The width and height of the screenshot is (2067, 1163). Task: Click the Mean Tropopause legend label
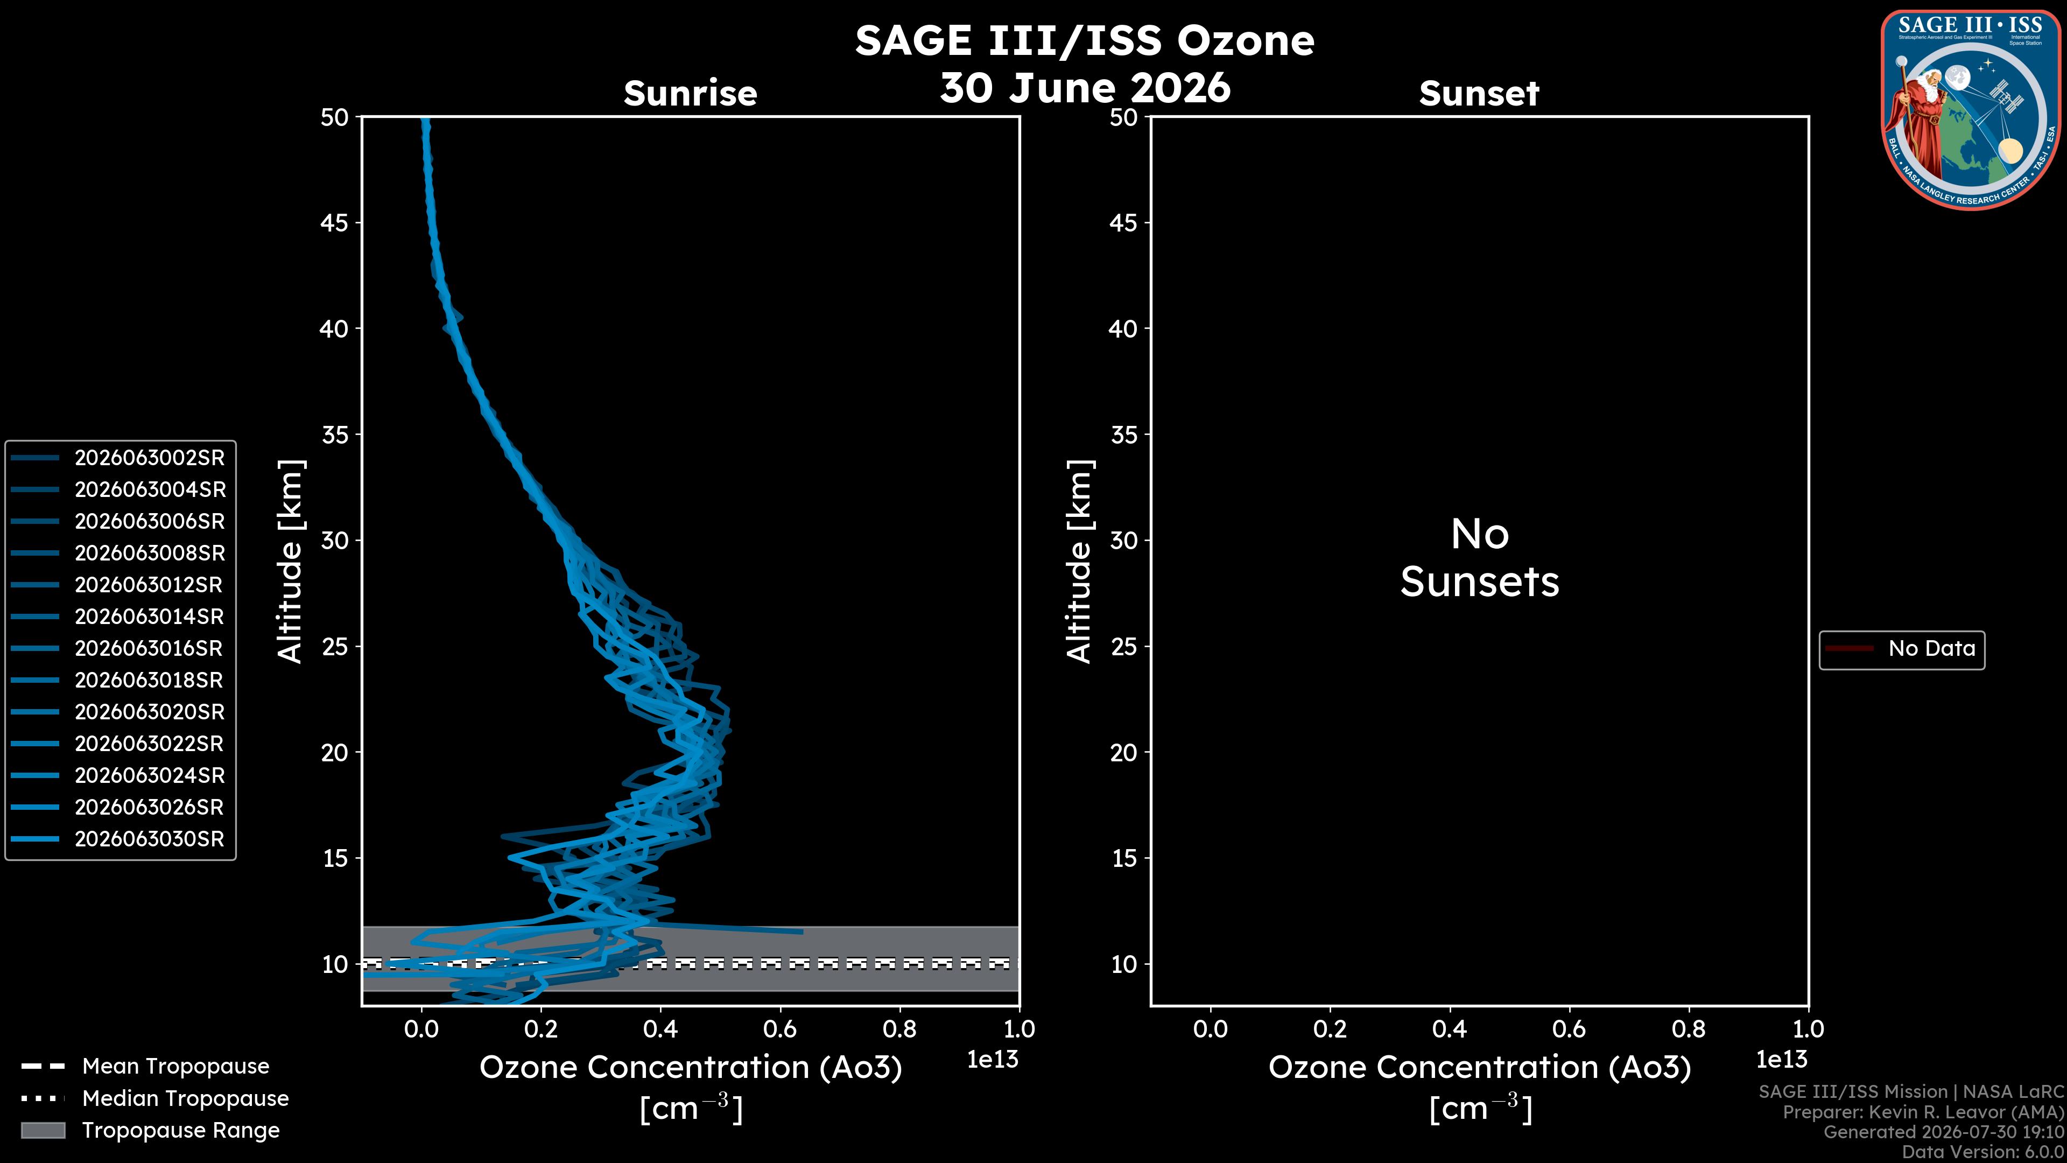[175, 1066]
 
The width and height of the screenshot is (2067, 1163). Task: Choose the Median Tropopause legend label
[185, 1098]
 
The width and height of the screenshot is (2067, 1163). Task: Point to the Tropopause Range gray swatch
[43, 1130]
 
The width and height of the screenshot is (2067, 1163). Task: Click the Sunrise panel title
[690, 94]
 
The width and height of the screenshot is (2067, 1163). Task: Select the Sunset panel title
[1479, 94]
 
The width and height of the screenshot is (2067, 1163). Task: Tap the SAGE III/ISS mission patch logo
[1970, 110]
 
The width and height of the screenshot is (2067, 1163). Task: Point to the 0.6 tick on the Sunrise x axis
[779, 1029]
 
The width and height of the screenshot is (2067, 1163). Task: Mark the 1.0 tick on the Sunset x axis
[1808, 1029]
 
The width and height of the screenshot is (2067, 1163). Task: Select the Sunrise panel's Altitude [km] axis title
[290, 561]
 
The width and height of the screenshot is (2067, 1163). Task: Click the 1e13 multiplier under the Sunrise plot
[993, 1060]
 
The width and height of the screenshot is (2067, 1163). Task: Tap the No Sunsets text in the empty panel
[1480, 558]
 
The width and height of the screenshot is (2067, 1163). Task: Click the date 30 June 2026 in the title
[1085, 87]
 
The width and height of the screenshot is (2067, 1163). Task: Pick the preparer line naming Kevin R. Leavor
[1923, 1112]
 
